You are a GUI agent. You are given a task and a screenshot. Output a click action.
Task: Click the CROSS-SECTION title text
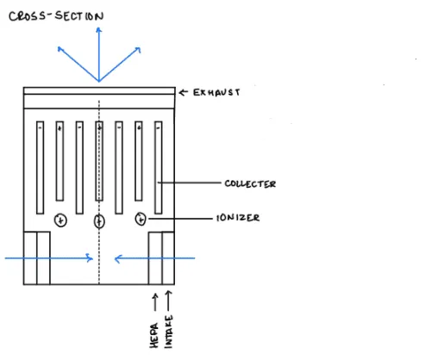coord(56,16)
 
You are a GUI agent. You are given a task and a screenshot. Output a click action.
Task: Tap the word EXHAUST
coord(216,92)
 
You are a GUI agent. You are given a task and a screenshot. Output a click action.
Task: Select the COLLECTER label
coord(250,183)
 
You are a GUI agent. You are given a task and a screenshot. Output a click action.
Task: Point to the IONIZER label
coord(238,218)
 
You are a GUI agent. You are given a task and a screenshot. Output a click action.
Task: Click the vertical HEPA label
coord(154,336)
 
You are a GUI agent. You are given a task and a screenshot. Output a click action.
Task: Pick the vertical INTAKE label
coord(169,332)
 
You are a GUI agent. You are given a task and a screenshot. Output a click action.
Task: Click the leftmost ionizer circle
coord(60,220)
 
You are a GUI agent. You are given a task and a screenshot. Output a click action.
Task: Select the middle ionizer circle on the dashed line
coord(99,221)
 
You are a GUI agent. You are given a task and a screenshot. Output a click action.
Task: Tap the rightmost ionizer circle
coord(141,219)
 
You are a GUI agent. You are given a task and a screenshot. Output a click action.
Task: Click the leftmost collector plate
coord(41,168)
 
